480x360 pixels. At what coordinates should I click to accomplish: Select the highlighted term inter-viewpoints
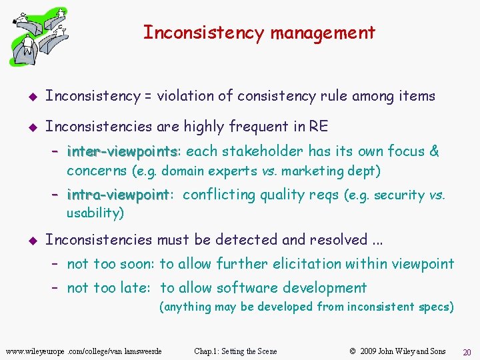tap(122, 151)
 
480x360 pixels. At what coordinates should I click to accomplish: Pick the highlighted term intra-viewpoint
tap(119, 195)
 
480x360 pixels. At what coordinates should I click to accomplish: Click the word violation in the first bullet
tap(188, 96)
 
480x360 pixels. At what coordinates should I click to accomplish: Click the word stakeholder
tap(267, 151)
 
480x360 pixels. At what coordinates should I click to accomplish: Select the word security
tap(399, 195)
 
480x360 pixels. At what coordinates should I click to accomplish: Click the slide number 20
tap(467, 352)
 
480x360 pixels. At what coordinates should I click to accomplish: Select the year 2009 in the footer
tap(367, 351)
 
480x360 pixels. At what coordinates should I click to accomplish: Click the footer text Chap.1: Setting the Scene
tap(235, 351)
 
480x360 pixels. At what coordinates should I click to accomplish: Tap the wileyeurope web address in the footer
tap(83, 351)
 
